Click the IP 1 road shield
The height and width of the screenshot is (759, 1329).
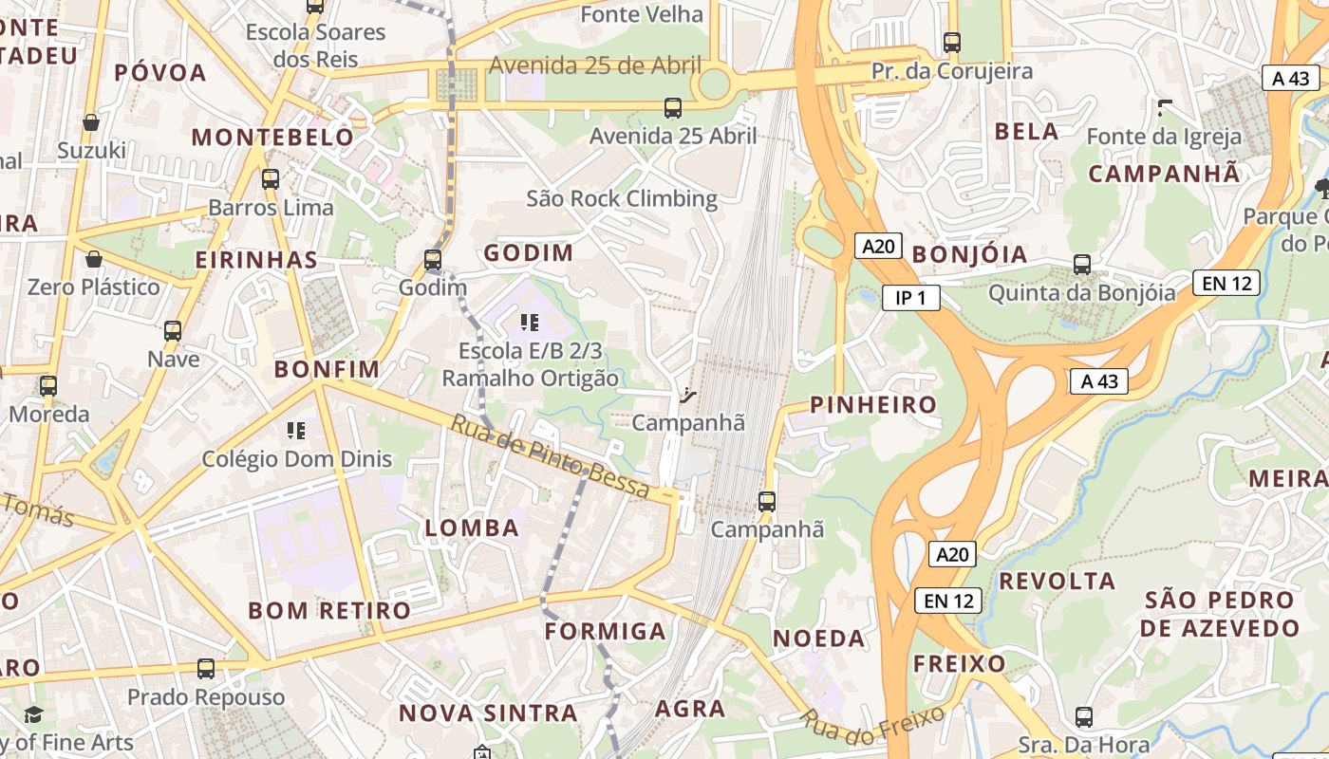pyautogui.click(x=910, y=298)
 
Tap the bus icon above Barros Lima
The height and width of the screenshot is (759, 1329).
pyautogui.click(x=271, y=178)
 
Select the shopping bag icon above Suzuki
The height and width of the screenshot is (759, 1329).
pyautogui.click(x=91, y=122)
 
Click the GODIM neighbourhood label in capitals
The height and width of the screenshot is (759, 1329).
pyautogui.click(x=529, y=253)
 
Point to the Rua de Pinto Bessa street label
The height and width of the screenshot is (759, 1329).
pyautogui.click(x=550, y=458)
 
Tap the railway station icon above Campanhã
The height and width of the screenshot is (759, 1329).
pyautogui.click(x=689, y=395)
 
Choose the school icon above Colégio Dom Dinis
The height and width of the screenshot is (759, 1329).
pyautogui.click(x=296, y=431)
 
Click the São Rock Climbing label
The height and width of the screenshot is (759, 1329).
pyautogui.click(x=622, y=198)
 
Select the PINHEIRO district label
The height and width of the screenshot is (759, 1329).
pyautogui.click(x=872, y=405)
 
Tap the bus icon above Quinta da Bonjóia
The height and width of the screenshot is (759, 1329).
pyautogui.click(x=1081, y=265)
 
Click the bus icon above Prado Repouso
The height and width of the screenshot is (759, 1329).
pyautogui.click(x=206, y=669)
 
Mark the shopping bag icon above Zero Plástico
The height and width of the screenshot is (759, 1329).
pyautogui.click(x=94, y=259)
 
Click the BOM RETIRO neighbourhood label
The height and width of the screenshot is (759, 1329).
pyautogui.click(x=329, y=610)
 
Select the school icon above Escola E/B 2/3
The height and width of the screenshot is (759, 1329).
pyautogui.click(x=530, y=323)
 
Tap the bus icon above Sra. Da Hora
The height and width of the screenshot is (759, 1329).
pyautogui.click(x=1084, y=717)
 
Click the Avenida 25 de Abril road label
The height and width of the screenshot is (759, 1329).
pyautogui.click(x=595, y=65)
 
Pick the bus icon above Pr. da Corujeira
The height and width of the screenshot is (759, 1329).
pyautogui.click(x=952, y=43)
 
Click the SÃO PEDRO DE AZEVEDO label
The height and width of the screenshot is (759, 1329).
pyautogui.click(x=1220, y=614)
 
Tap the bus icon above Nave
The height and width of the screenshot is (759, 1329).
pyautogui.click(x=173, y=331)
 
